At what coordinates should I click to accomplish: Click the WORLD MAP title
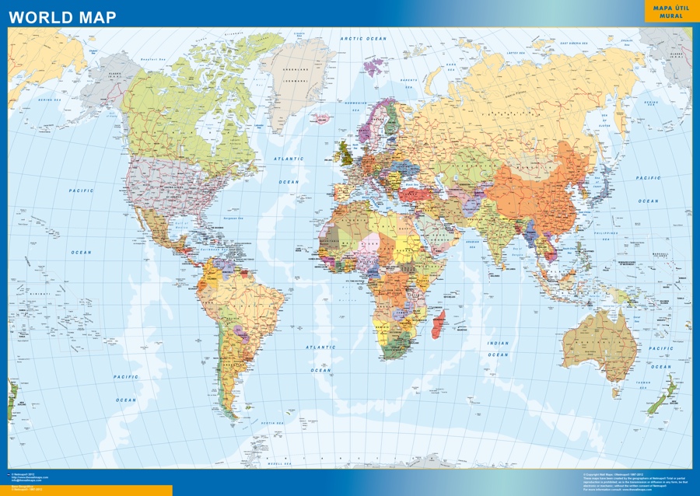point(62,16)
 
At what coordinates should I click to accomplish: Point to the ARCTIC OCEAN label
point(363,38)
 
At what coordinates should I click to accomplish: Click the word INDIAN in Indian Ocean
point(498,343)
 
